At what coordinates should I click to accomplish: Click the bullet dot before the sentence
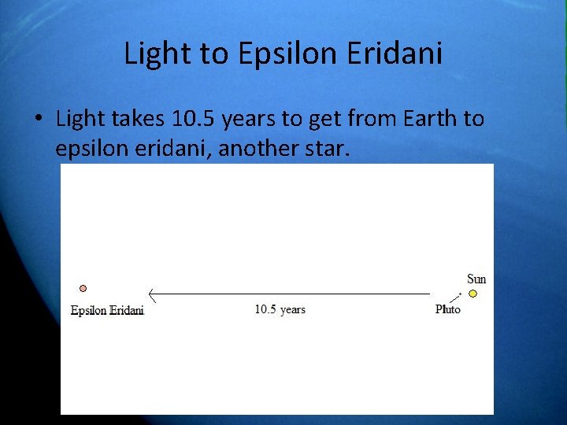pos(37,120)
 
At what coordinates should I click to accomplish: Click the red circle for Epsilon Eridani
pos(83,289)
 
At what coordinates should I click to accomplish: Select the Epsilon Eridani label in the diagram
pos(107,310)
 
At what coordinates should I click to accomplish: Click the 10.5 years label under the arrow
pos(280,309)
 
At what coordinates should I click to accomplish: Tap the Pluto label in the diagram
pos(448,309)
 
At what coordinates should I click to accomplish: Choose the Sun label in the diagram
pos(476,279)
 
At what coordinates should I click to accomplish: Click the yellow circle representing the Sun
pos(472,294)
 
